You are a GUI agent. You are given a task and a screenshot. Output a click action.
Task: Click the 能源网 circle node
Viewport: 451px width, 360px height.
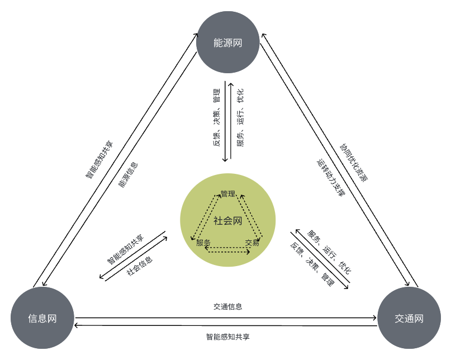click(227, 42)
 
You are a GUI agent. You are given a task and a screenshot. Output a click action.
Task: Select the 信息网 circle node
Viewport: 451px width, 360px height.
click(42, 318)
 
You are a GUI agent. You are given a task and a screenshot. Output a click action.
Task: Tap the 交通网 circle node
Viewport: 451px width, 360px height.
click(409, 318)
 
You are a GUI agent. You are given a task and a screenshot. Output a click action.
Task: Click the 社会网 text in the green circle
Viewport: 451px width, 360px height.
click(227, 221)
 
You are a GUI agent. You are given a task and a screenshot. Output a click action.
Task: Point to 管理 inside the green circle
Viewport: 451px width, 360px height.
click(228, 193)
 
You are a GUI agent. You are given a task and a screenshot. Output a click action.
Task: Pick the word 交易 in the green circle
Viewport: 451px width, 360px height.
click(252, 243)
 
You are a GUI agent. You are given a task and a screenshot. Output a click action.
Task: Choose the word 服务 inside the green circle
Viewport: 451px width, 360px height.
click(203, 243)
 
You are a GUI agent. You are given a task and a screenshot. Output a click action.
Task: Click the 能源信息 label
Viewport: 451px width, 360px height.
click(129, 175)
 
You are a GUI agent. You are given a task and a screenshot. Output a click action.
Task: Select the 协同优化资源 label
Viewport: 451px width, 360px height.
click(354, 163)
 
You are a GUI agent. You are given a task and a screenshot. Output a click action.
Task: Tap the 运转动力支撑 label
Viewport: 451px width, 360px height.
click(331, 178)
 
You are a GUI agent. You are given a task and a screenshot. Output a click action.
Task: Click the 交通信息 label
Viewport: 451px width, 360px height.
click(228, 306)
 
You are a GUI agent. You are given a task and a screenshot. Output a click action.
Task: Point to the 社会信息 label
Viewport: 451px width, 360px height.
click(140, 266)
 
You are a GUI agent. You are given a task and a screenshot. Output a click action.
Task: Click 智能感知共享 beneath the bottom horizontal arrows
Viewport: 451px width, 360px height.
click(228, 337)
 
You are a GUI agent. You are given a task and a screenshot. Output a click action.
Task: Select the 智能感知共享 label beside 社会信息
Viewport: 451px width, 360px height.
click(125, 249)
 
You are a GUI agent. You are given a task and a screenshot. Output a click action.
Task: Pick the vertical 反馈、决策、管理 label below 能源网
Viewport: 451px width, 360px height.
click(217, 118)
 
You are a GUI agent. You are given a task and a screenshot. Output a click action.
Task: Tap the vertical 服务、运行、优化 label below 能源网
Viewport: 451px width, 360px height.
click(240, 118)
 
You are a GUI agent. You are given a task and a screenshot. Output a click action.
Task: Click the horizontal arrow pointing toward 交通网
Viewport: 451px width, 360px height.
click(226, 318)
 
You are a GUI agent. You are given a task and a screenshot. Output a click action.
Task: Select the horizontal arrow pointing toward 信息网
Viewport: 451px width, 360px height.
click(226, 325)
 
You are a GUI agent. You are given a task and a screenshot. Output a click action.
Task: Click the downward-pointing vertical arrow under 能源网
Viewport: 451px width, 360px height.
click(225, 121)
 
